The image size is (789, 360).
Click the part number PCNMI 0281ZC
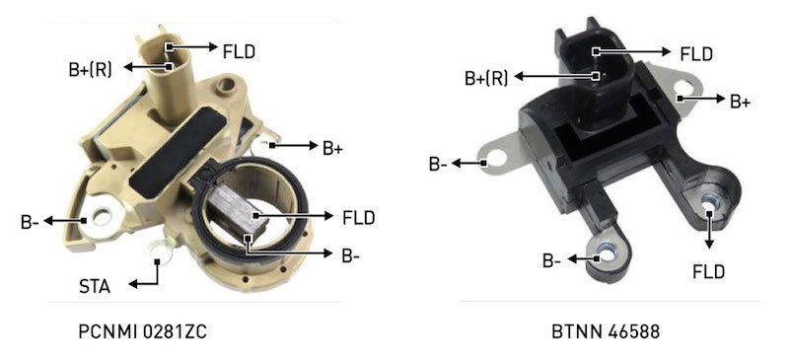pyautogui.click(x=142, y=331)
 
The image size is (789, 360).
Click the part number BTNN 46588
pyautogui.click(x=606, y=331)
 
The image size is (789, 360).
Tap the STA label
pyautogui.click(x=95, y=286)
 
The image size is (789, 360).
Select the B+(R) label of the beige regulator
pyautogui.click(x=91, y=69)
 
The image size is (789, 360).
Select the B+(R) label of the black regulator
pyautogui.click(x=486, y=79)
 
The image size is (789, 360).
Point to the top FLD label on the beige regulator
pyautogui.click(x=239, y=51)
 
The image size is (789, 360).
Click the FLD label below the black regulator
pyautogui.click(x=708, y=272)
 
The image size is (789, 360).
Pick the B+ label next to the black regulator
pyautogui.click(x=741, y=102)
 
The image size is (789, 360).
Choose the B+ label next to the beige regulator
pyautogui.click(x=332, y=148)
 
